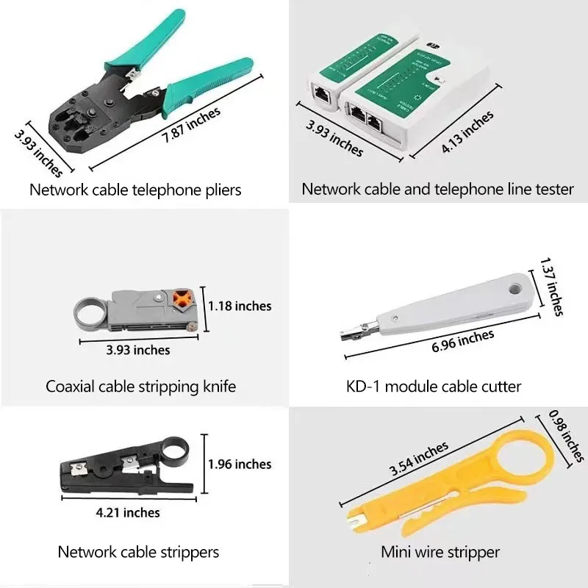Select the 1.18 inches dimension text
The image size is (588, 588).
point(239,306)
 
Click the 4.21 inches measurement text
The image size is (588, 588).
point(129,512)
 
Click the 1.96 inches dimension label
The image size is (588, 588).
point(239,464)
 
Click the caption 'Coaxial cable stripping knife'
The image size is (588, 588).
point(140,386)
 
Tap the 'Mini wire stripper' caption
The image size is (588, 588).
point(440,551)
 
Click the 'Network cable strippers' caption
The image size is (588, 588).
point(138,551)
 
